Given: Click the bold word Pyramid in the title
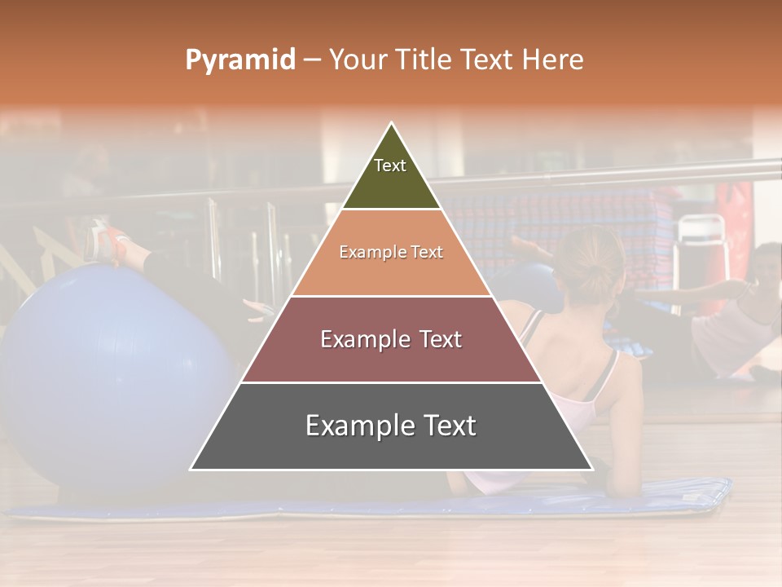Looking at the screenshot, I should [x=240, y=60].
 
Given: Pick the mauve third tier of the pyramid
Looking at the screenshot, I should [x=391, y=359].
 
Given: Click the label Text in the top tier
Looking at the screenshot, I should [x=390, y=166].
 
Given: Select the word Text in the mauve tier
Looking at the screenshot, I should [x=437, y=339].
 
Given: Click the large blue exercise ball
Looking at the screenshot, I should [x=106, y=375].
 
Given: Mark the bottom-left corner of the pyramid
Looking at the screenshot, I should [x=191, y=470].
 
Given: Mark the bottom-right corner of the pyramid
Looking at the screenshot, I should [x=592, y=470].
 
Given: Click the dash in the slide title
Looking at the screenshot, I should [x=312, y=60].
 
